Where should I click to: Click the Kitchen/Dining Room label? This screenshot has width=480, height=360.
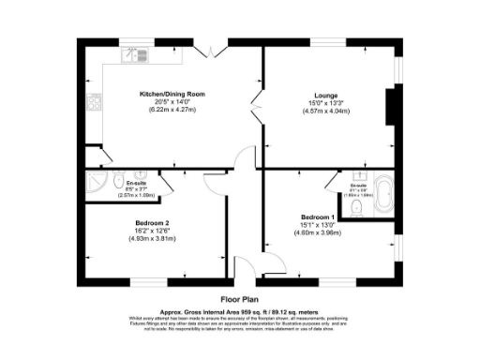pyautogui.click(x=172, y=95)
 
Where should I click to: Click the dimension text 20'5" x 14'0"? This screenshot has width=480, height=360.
pyautogui.click(x=172, y=102)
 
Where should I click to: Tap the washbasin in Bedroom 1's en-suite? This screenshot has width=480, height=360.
pyautogui.click(x=358, y=175)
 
